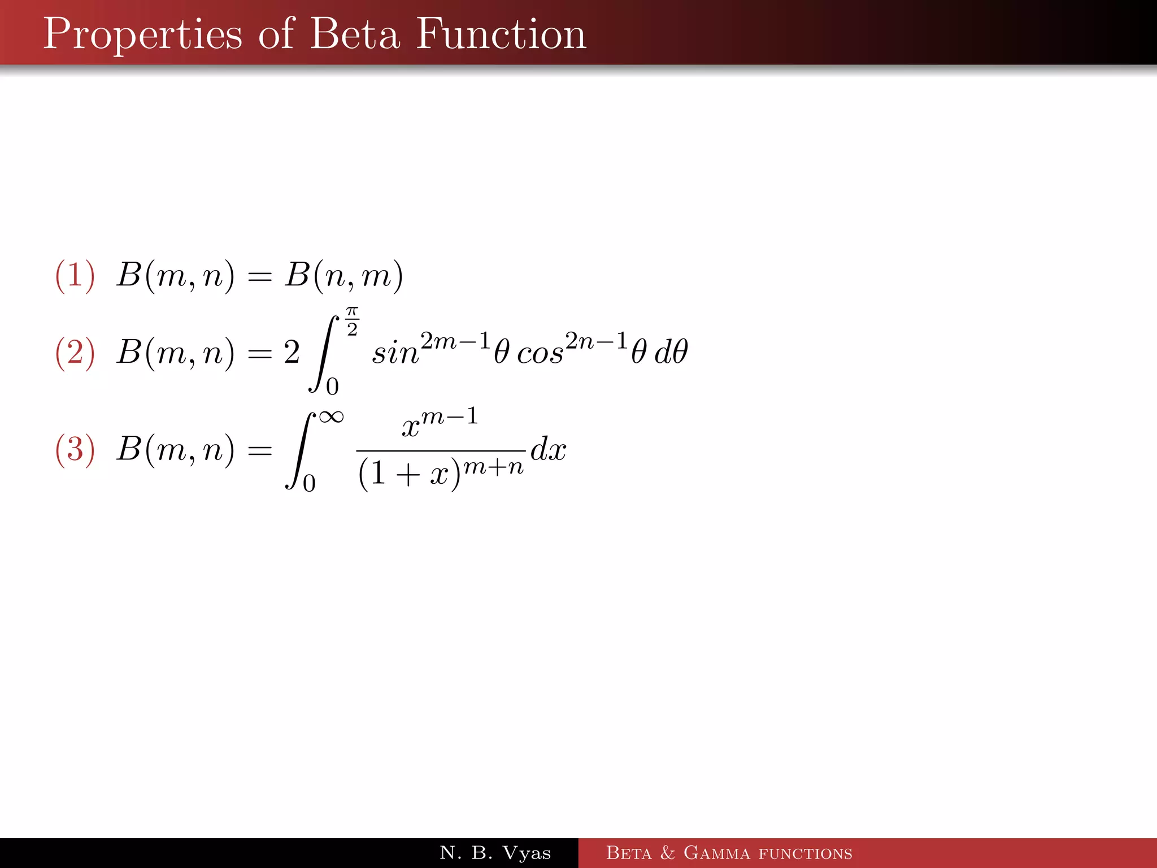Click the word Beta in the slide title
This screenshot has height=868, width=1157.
click(x=355, y=34)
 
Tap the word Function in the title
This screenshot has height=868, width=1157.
click(x=501, y=34)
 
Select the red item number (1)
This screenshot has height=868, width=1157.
click(x=75, y=276)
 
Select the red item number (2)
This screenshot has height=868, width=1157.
click(x=75, y=353)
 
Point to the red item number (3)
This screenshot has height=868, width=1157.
click(x=75, y=450)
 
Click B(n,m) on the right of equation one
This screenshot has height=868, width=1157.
click(x=343, y=276)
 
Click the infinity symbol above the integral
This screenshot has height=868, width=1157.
click(x=331, y=417)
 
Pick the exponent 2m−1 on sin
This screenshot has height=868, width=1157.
click(x=455, y=341)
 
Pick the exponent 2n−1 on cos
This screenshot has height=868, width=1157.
click(x=597, y=341)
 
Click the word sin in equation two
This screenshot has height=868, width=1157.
click(x=395, y=354)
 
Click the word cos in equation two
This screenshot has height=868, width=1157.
click(x=540, y=354)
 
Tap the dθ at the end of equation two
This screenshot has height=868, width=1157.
click(x=671, y=351)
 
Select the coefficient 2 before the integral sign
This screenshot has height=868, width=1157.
click(x=292, y=353)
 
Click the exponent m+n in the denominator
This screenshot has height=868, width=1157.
click(x=493, y=467)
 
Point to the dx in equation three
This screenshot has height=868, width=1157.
click(x=548, y=450)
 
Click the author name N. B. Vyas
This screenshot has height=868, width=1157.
click(x=495, y=853)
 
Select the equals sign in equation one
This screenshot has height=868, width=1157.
click(x=260, y=277)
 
